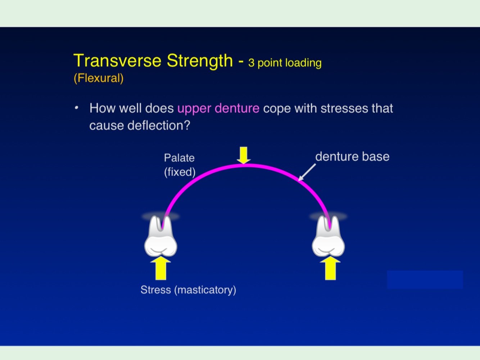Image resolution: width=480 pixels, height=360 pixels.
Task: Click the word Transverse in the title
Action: [117, 60]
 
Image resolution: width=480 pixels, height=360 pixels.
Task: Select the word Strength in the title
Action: [200, 60]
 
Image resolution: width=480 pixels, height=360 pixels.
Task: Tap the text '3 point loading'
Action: [285, 63]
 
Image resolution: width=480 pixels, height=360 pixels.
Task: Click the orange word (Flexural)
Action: [99, 78]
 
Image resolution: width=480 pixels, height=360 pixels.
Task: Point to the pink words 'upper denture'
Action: [218, 108]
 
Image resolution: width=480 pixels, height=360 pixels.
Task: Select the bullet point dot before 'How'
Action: [76, 108]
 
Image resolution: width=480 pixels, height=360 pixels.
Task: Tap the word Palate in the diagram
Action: [179, 158]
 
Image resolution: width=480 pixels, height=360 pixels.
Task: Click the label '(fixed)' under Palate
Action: [180, 172]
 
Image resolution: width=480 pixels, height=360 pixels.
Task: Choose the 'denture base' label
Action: [352, 157]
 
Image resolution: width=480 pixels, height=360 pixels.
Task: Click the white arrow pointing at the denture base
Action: [307, 172]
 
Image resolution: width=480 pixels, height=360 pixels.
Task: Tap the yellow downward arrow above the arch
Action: [244, 155]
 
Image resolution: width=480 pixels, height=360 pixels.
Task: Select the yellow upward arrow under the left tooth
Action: [160, 268]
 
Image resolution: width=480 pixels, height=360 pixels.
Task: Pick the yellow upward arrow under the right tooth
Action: [330, 268]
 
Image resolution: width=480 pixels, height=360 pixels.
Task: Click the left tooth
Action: [160, 238]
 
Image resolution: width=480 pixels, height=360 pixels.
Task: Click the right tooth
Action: [328, 238]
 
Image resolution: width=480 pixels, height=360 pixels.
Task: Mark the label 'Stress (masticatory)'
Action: [188, 290]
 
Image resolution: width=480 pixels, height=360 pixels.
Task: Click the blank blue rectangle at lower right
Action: [425, 280]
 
